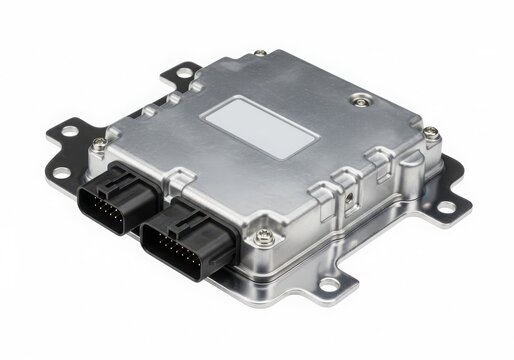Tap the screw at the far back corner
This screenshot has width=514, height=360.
[x=260, y=53]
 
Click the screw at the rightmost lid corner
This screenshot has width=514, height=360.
[x=429, y=132]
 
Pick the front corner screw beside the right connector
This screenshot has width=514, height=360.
[x=264, y=236]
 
